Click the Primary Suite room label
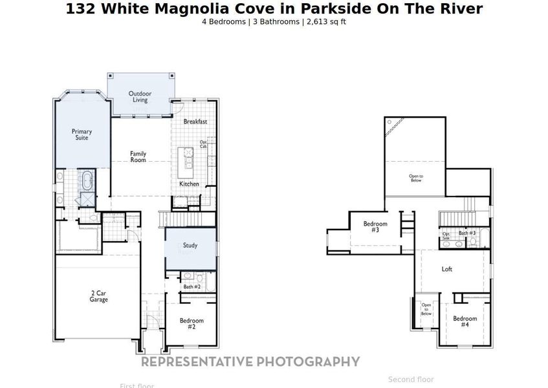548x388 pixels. tap(82, 135)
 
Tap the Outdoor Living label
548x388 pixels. tap(140, 96)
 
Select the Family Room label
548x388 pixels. tap(138, 156)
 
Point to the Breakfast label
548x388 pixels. tap(195, 122)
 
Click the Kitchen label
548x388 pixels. tap(189, 184)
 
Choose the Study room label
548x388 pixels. tap(190, 246)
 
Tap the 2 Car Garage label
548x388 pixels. tap(98, 296)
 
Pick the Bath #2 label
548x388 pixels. tap(192, 286)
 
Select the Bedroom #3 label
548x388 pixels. tap(375, 227)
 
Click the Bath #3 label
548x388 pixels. tap(467, 233)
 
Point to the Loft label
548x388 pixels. tap(447, 269)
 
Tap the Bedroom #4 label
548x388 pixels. tap(465, 321)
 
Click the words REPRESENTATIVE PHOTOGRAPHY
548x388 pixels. tap(250, 361)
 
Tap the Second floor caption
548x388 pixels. tap(411, 380)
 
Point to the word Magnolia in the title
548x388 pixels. tap(192, 8)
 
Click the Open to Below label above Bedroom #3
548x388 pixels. tap(415, 178)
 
